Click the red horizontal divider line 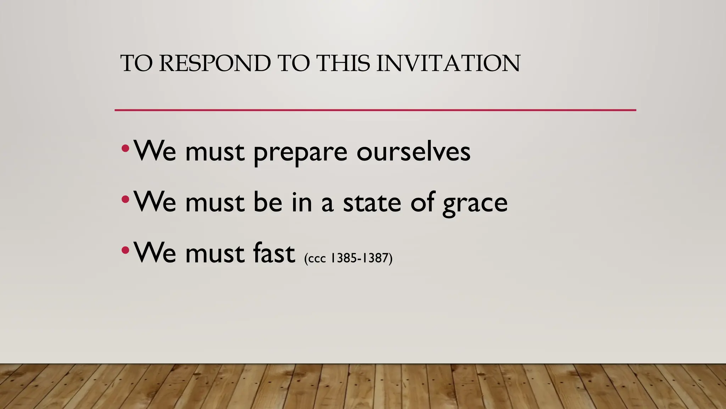point(375,110)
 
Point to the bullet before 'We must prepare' point(125,148)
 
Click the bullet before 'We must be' point(125,199)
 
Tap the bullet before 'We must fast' point(125,250)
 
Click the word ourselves point(413,152)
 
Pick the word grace point(475,203)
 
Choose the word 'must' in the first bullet point(215,152)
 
